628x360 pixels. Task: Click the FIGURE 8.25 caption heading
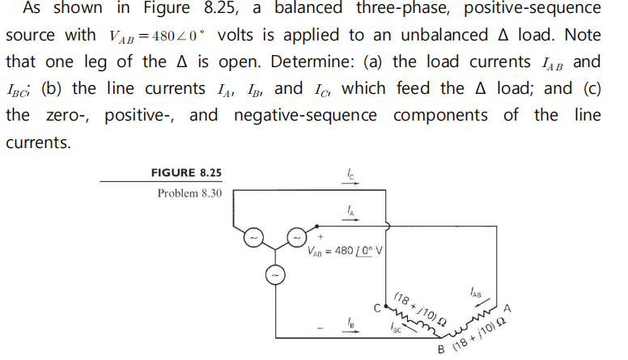pyautogui.click(x=186, y=172)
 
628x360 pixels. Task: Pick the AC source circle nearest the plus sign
pyautogui.click(x=297, y=239)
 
